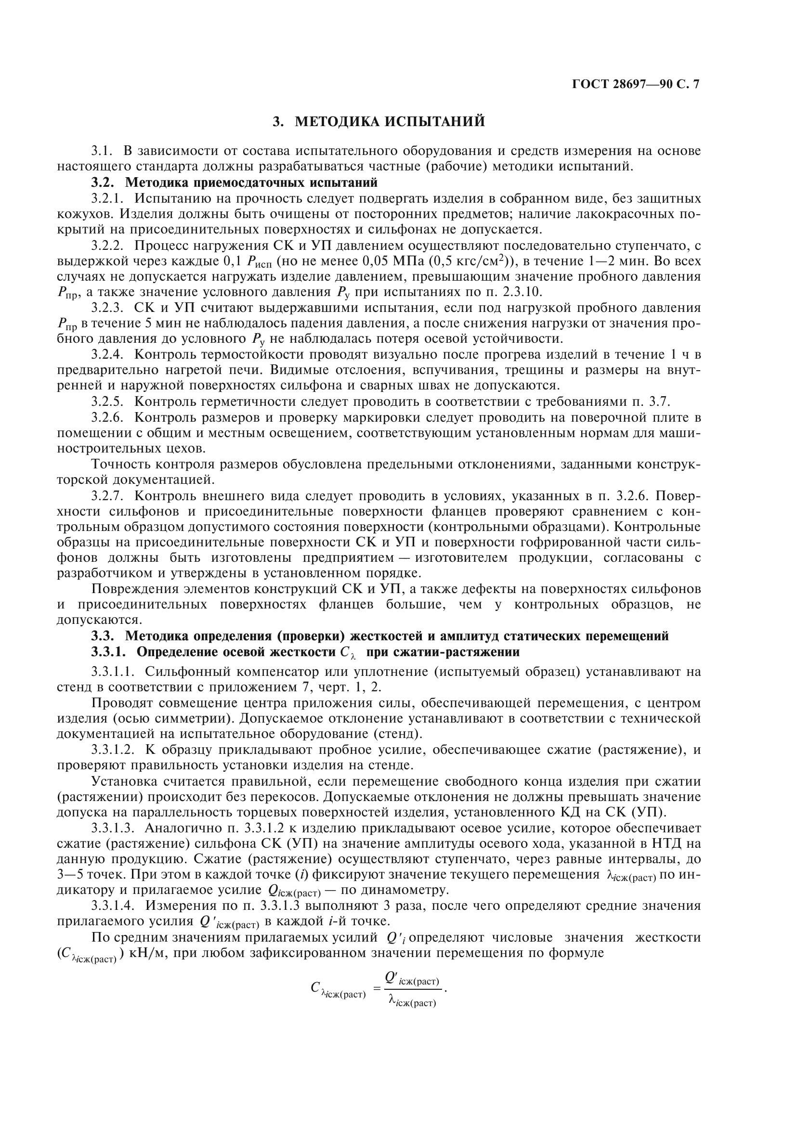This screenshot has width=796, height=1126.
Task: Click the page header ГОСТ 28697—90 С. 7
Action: coord(636,84)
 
